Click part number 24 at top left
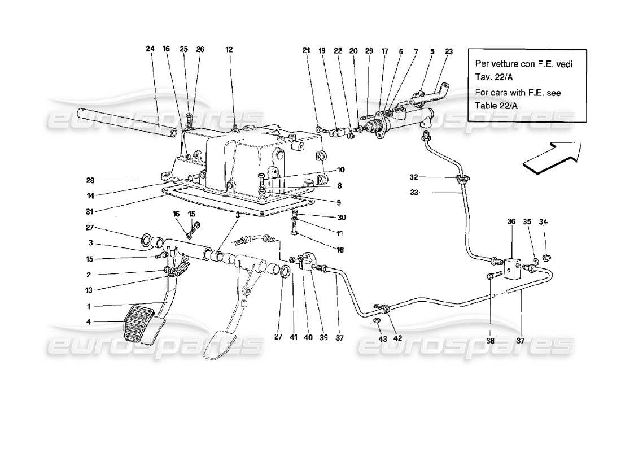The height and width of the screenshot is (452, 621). (x=150, y=49)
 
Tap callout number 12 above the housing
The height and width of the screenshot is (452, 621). (x=229, y=49)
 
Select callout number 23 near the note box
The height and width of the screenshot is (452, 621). (x=449, y=51)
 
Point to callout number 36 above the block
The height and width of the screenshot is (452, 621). (x=512, y=222)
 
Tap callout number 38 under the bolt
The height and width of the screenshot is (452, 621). (x=490, y=341)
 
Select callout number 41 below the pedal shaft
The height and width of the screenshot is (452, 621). (x=294, y=338)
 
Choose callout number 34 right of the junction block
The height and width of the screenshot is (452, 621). (x=544, y=222)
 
